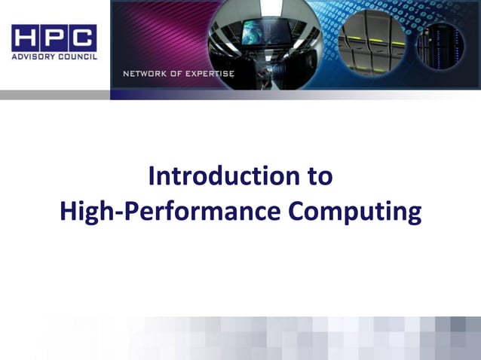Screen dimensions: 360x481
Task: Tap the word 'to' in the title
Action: [x=318, y=176]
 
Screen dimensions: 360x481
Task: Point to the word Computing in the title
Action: [x=354, y=212]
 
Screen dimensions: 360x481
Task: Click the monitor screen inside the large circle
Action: [x=259, y=32]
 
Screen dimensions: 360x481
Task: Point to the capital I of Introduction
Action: [x=152, y=176]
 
